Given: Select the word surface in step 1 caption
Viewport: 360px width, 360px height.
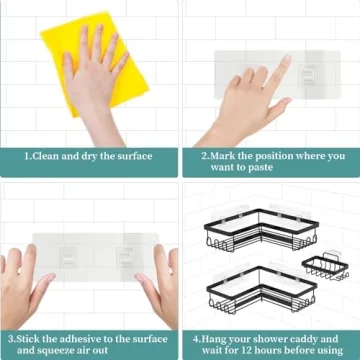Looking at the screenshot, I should (x=131, y=156).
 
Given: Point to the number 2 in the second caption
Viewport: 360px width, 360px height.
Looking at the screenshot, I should (x=203, y=156).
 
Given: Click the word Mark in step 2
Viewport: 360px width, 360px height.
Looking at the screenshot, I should (x=225, y=156).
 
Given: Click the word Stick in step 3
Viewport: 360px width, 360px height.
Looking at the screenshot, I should (x=32, y=338).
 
